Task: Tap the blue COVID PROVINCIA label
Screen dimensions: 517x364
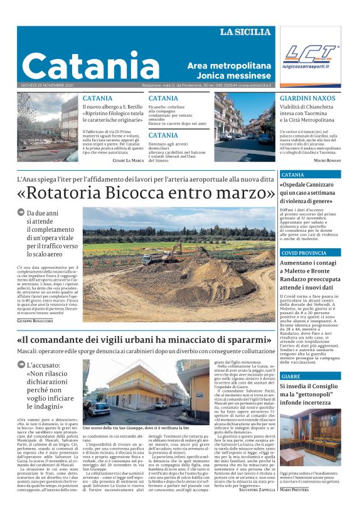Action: tap(304, 253)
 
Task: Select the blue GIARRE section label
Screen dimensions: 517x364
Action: tap(291, 376)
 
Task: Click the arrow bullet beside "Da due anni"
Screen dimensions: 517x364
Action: tap(21, 213)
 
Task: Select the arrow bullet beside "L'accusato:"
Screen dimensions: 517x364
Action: tap(21, 365)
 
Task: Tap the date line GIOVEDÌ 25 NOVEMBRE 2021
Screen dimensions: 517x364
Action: tap(47, 85)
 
